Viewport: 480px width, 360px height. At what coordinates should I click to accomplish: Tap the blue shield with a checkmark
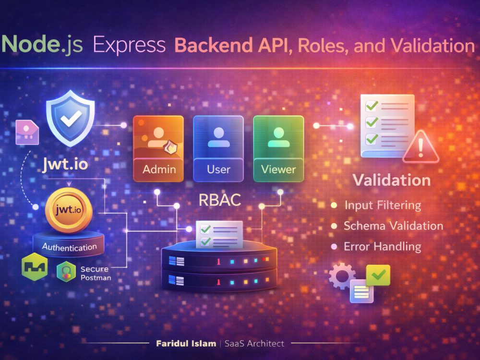71,118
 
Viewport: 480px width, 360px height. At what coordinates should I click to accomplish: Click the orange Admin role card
158,149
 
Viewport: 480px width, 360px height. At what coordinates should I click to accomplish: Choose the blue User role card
218,149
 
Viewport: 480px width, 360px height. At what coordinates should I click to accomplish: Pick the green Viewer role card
278,149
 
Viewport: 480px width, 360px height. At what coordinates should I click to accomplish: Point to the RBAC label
220,200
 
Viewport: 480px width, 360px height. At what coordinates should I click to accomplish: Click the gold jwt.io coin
69,210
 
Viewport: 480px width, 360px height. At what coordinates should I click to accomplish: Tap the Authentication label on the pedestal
70,247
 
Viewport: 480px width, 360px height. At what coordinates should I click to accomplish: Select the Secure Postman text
96,274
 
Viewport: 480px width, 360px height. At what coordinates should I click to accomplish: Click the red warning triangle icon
420,147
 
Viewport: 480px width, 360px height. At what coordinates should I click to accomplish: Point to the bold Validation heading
392,180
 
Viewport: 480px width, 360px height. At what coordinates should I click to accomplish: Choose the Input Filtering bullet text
383,205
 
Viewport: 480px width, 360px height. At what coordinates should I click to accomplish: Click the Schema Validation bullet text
394,226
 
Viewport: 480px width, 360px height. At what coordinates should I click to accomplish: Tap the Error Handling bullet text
383,247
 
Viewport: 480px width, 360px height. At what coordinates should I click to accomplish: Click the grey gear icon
342,276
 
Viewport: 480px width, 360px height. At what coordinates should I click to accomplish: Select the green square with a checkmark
378,275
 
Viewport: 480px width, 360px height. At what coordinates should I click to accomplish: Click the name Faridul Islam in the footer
186,344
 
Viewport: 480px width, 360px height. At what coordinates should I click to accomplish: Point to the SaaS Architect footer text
254,344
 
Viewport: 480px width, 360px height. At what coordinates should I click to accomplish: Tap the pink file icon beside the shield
27,132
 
